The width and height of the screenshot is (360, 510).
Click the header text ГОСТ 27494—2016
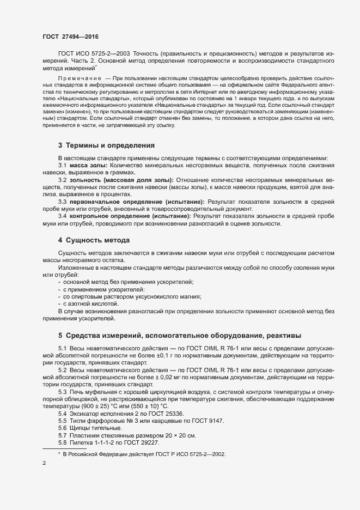pos(70,35)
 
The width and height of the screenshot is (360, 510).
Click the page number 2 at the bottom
pos(44,464)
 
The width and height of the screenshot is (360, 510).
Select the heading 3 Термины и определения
pos(107,145)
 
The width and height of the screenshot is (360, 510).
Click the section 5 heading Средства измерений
pos(179,335)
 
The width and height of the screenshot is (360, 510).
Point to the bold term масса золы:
pos(88,165)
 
